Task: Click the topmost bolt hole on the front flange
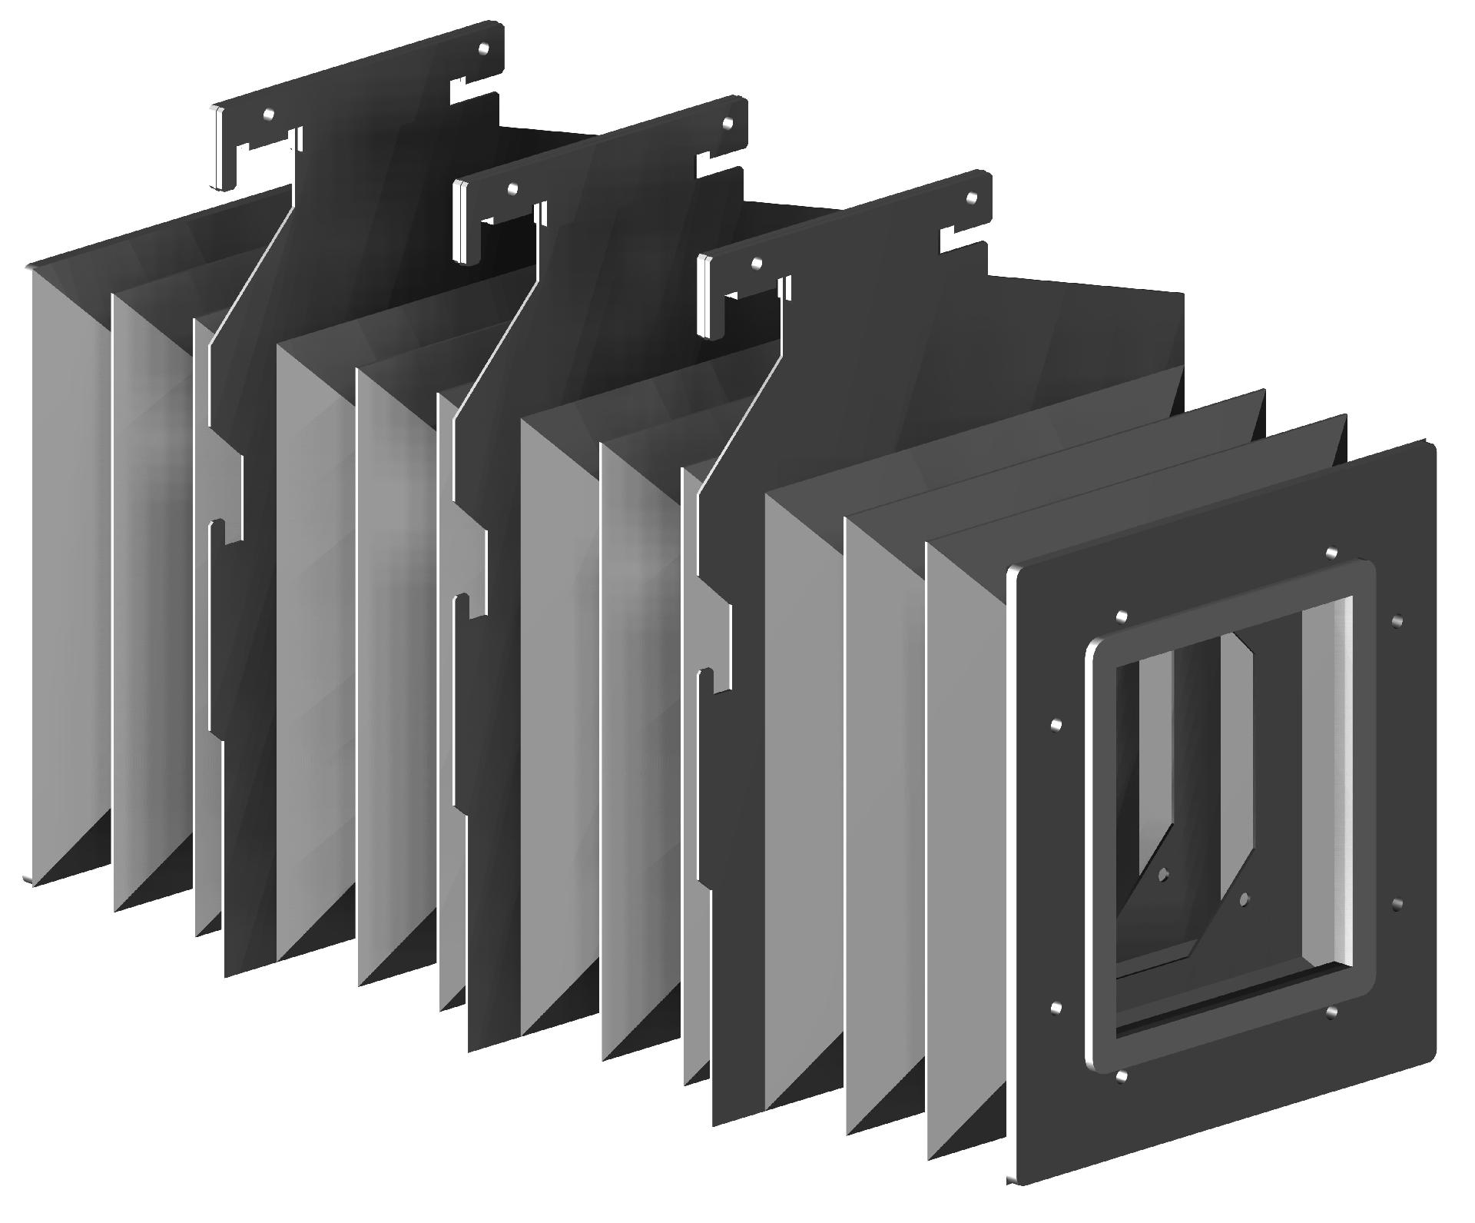pyautogui.click(x=1331, y=553)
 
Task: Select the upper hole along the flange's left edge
pyautogui.click(x=1056, y=725)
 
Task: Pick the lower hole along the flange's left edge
pyautogui.click(x=1055, y=1007)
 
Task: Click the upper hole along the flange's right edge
pyautogui.click(x=1397, y=620)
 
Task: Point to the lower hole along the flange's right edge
pyautogui.click(x=1397, y=905)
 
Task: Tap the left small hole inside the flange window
pyautogui.click(x=1163, y=874)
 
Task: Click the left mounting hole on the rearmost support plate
pyautogui.click(x=267, y=114)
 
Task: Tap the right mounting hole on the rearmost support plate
pyautogui.click(x=483, y=48)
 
